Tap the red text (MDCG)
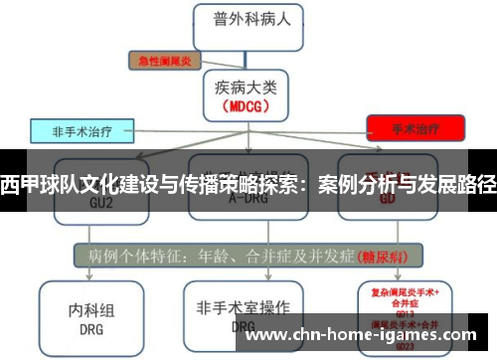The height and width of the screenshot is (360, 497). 244,104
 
